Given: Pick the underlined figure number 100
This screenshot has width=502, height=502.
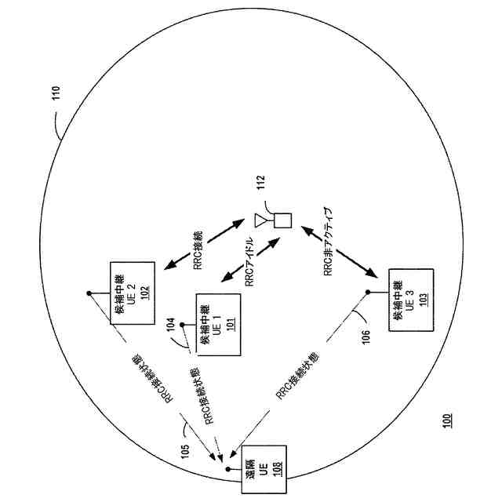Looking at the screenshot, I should click(x=446, y=420).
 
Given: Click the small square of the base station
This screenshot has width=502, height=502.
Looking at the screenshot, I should click(x=282, y=220).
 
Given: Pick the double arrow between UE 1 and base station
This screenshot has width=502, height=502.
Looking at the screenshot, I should click(x=249, y=262).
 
